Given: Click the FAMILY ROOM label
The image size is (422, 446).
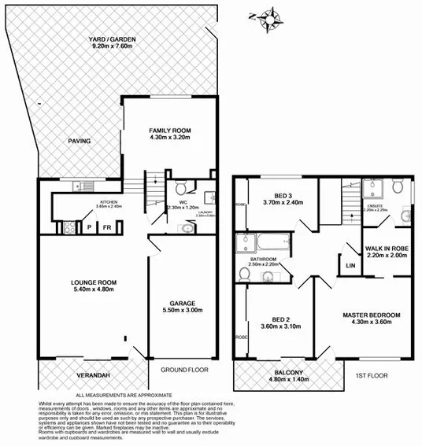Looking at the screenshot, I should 171,131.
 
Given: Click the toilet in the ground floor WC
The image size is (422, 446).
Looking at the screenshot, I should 180,188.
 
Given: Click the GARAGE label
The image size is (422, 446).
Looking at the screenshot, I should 186,302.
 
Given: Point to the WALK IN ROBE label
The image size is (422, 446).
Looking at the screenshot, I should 386,249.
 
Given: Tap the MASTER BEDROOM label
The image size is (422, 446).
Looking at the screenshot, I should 372,315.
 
